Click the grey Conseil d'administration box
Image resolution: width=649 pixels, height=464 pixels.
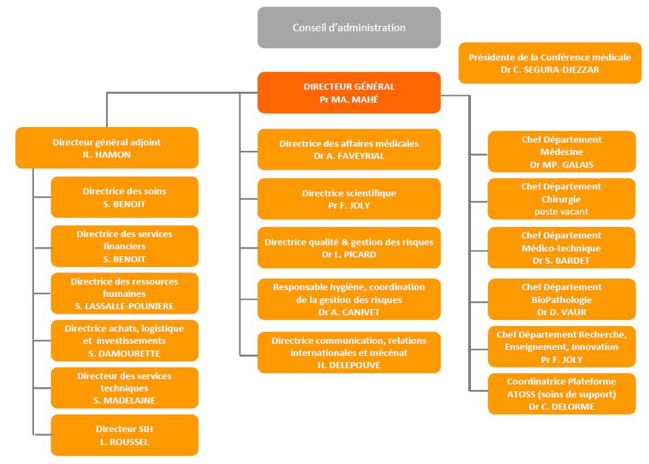[x=349, y=27]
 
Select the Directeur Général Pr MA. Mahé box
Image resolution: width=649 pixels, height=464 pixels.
[x=349, y=92]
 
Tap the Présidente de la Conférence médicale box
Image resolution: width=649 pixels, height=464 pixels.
[x=550, y=63]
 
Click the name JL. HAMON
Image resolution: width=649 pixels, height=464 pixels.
[x=107, y=154]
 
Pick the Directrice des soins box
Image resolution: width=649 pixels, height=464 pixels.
[x=124, y=197]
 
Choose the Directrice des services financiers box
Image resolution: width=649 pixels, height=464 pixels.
[x=124, y=246]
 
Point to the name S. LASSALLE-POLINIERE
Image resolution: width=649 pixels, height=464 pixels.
[x=124, y=306]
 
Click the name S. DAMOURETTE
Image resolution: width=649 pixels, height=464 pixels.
[x=124, y=353]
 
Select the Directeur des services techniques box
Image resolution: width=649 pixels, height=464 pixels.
[x=124, y=388]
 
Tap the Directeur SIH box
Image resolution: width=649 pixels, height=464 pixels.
[x=124, y=435]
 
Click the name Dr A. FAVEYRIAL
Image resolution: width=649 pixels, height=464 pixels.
[x=349, y=156]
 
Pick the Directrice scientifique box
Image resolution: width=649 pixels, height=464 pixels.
[x=349, y=198]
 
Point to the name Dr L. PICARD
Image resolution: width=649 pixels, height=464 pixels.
[x=349, y=254]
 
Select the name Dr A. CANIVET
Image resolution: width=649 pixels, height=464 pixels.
[x=349, y=312]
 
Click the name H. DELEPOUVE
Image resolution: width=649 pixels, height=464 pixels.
[x=349, y=365]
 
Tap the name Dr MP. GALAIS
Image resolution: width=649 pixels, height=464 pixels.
[x=561, y=164]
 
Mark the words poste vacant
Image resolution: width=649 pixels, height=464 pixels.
[x=561, y=211]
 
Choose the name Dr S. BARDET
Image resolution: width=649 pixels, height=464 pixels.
[x=561, y=260]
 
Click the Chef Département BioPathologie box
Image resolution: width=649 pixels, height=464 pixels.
[x=561, y=300]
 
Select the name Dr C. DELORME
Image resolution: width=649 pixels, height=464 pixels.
[x=561, y=406]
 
